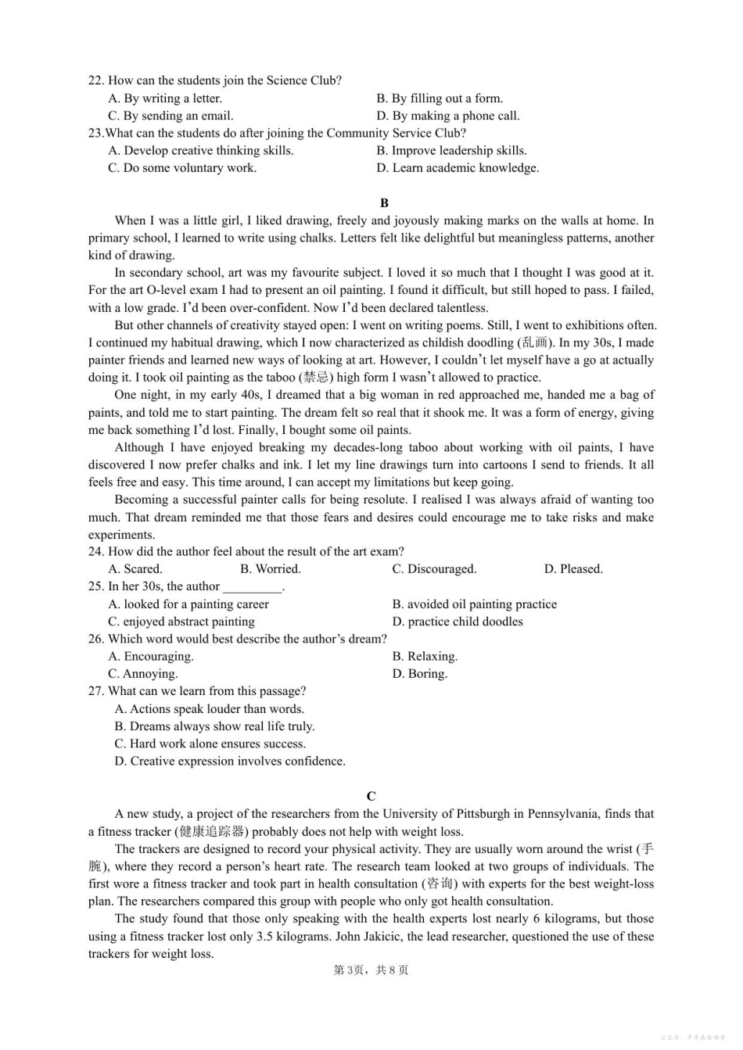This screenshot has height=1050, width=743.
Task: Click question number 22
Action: click(x=96, y=81)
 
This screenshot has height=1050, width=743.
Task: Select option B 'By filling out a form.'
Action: click(x=439, y=99)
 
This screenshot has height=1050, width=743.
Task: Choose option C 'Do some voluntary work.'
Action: click(x=181, y=168)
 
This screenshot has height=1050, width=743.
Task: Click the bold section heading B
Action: click(x=384, y=202)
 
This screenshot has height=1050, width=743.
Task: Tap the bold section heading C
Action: click(x=371, y=796)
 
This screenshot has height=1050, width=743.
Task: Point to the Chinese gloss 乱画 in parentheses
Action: click(x=535, y=342)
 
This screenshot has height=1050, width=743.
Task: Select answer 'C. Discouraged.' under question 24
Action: click(x=434, y=569)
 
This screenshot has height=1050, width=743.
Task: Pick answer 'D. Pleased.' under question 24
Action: click(x=573, y=569)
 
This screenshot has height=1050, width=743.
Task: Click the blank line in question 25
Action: click(x=252, y=587)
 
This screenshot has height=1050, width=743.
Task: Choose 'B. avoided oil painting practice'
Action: click(x=474, y=604)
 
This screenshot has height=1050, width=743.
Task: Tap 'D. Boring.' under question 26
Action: click(x=419, y=674)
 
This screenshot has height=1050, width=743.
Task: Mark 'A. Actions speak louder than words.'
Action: click(x=209, y=709)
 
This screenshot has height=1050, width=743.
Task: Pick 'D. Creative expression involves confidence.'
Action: click(x=229, y=762)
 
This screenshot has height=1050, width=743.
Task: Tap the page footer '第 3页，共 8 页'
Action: click(x=371, y=970)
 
